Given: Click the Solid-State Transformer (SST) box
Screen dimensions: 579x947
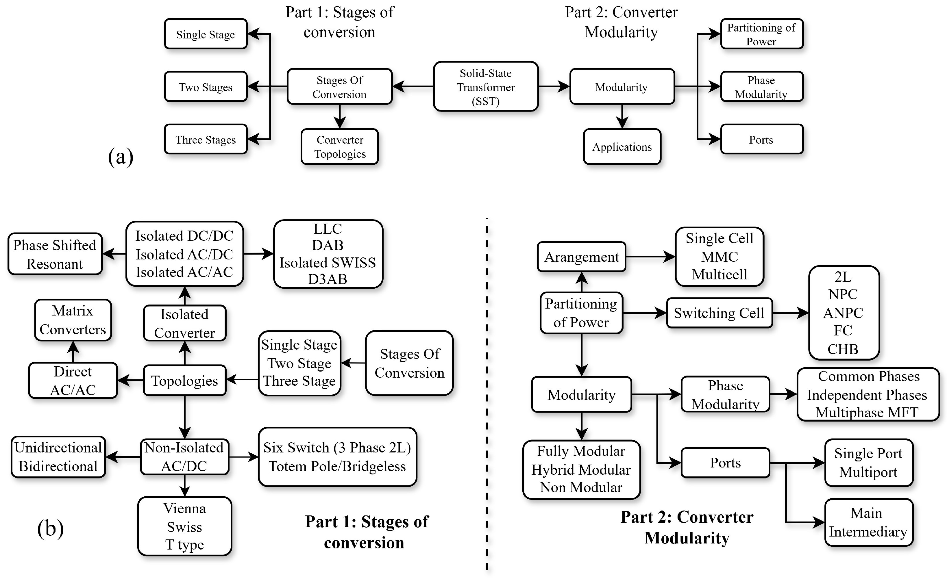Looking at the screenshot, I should (485, 87).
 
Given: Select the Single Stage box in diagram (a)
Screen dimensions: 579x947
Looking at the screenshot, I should (206, 34).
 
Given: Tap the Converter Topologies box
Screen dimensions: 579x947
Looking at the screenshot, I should (339, 147).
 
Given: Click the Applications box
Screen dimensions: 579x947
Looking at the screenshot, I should (622, 147).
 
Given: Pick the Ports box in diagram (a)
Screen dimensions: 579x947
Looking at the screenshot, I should (761, 140).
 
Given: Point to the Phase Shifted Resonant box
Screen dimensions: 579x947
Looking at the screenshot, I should (55, 254).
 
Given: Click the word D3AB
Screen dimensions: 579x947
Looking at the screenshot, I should (328, 279).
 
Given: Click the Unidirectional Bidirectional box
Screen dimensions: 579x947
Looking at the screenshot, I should (58, 457).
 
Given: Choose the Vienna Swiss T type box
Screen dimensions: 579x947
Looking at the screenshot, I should (184, 526).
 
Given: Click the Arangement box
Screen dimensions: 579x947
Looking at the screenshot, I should (582, 257).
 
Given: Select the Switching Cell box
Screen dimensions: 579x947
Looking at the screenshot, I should (719, 313).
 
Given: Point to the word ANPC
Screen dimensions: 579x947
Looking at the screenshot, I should (843, 313).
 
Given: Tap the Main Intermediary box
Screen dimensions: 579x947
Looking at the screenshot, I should (868, 522).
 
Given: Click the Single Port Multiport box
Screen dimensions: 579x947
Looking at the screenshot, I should (868, 463).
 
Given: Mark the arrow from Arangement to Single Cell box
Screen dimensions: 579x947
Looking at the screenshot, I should (650, 257).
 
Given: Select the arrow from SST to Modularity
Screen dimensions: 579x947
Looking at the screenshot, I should (554, 86).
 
